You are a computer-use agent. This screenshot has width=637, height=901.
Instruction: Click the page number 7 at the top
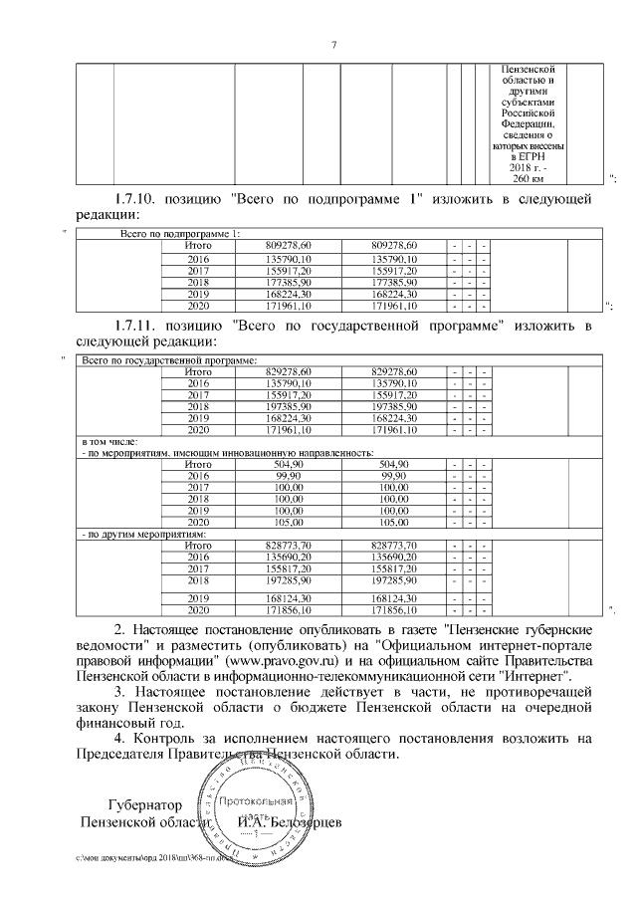pos(333,44)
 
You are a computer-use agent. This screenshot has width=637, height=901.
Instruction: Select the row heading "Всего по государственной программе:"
pos(168,359)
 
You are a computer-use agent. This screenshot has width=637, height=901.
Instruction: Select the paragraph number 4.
pos(119,739)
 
